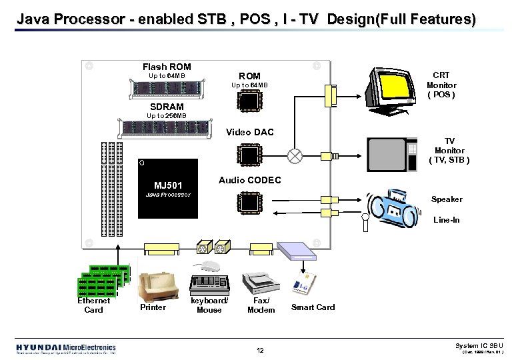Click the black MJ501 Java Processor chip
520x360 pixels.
click(x=167, y=189)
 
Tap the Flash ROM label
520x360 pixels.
click(x=167, y=67)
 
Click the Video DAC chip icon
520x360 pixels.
click(x=249, y=155)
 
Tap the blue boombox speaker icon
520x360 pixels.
click(x=396, y=204)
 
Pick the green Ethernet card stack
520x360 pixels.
click(x=101, y=281)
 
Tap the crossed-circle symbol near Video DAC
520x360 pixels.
click(x=294, y=155)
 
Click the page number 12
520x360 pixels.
click(x=260, y=351)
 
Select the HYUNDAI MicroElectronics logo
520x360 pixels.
click(x=66, y=349)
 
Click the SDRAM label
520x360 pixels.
click(x=167, y=107)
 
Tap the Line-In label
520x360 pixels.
click(x=446, y=220)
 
